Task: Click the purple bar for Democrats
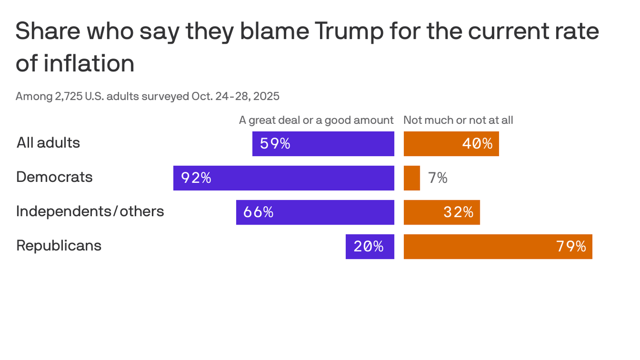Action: point(283,178)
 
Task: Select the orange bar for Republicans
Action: point(498,247)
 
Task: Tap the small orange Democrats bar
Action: point(412,178)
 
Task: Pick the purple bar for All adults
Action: point(323,144)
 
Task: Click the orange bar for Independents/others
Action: point(441,212)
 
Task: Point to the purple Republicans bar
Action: point(370,247)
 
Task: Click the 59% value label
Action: point(275,144)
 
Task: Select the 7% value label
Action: point(438,178)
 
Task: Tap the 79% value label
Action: point(571,247)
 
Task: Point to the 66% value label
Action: point(258,212)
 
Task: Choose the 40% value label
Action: point(477,144)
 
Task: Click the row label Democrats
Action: point(54,177)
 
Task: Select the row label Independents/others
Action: point(90,211)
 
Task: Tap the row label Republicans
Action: point(59,246)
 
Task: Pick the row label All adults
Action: point(48,142)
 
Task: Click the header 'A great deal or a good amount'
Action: point(316,120)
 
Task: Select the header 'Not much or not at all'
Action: point(458,120)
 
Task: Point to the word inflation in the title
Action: point(89,63)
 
